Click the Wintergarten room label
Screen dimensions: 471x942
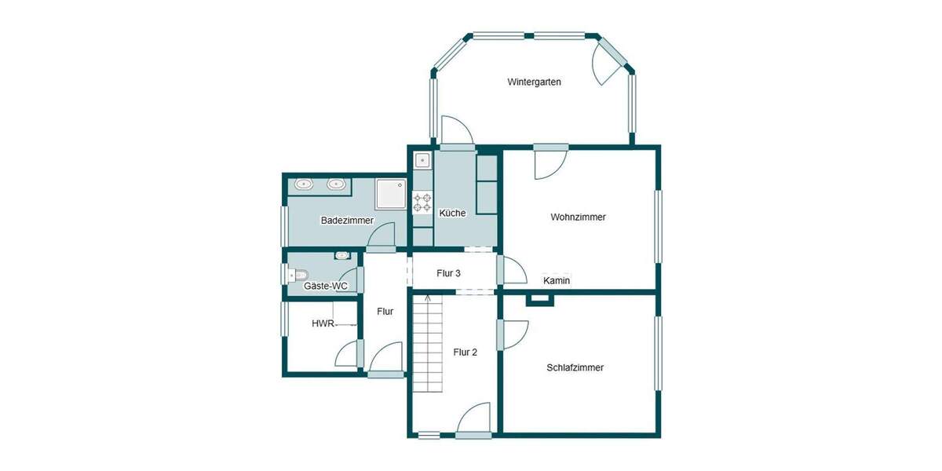pyautogui.click(x=534, y=82)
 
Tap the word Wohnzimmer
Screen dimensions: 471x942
pyautogui.click(x=578, y=217)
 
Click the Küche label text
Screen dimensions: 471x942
pyautogui.click(x=452, y=213)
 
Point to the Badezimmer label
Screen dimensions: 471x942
pyautogui.click(x=347, y=221)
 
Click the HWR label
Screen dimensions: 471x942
pyautogui.click(x=323, y=323)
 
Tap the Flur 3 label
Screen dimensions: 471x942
pyautogui.click(x=448, y=273)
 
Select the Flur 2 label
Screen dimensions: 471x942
pyautogui.click(x=465, y=352)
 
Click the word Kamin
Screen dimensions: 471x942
pyautogui.click(x=557, y=280)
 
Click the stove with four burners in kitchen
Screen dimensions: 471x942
pyautogui.click(x=422, y=203)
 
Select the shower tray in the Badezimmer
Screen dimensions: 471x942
pyautogui.click(x=391, y=193)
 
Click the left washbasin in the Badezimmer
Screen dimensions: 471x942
pyautogui.click(x=304, y=184)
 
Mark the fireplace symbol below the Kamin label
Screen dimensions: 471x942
pyautogui.click(x=539, y=298)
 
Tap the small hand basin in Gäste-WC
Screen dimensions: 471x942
pyautogui.click(x=341, y=255)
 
